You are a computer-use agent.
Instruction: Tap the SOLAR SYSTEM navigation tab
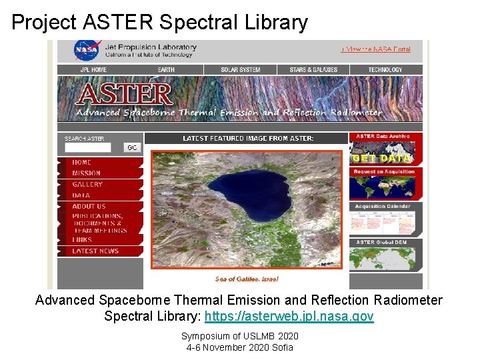click(241, 69)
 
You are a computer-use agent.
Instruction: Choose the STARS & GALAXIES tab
click(313, 69)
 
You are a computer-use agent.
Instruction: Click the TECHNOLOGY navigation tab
click(385, 69)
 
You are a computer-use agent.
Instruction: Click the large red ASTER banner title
click(125, 94)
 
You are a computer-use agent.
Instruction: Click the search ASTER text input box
click(88, 148)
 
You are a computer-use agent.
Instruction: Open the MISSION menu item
click(87, 173)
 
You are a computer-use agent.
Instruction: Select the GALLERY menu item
click(87, 185)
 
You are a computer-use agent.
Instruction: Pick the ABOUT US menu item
click(89, 207)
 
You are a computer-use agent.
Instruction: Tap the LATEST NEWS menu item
click(95, 251)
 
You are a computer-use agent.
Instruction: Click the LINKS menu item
click(82, 240)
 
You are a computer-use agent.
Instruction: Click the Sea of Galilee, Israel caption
click(247, 279)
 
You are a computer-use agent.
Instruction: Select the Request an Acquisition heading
click(385, 172)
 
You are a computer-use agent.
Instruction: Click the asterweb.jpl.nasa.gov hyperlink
click(289, 316)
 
